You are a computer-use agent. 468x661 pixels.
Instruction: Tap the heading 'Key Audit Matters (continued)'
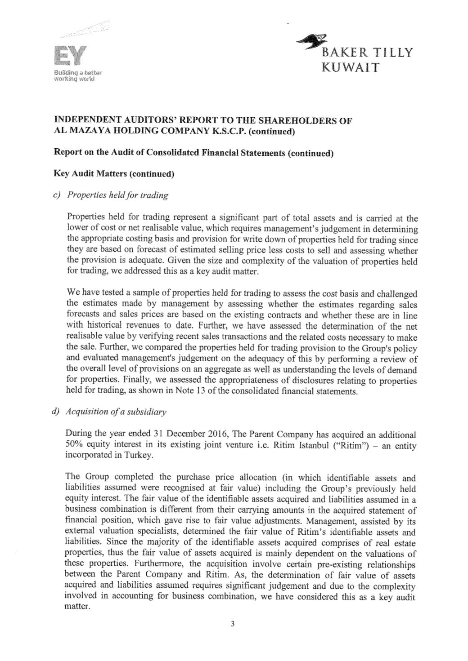coord(114,174)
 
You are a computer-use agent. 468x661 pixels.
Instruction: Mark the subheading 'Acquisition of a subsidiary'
coord(116,412)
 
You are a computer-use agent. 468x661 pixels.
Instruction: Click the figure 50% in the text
coord(73,445)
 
